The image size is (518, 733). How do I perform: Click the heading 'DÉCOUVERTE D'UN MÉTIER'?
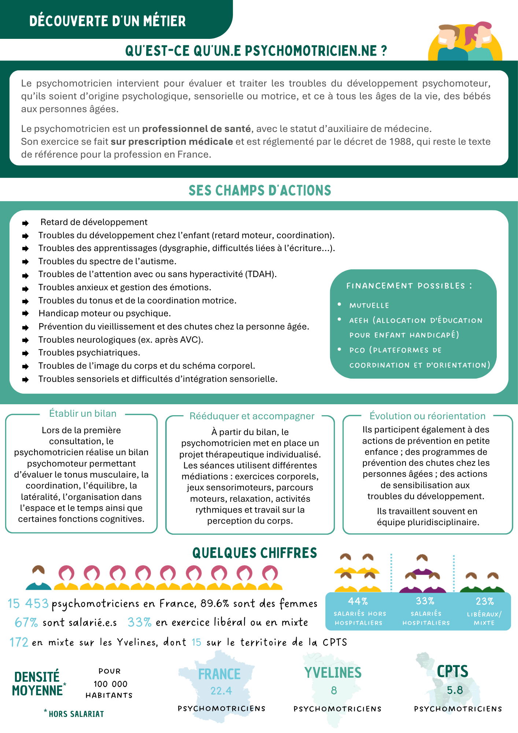point(107,21)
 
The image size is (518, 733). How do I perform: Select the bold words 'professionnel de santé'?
point(196,129)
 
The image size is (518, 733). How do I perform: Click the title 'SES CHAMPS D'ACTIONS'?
point(260,191)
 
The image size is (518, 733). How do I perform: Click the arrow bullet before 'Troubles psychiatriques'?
point(25,353)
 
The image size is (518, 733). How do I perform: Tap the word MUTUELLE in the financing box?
point(369,305)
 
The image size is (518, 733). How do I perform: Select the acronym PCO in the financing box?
point(357,350)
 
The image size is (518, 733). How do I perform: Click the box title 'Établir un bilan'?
point(83,413)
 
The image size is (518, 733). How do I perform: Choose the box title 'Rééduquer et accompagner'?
point(252,416)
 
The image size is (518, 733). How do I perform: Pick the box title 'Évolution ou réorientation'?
point(428,416)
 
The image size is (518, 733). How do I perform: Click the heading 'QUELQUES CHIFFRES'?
point(255,553)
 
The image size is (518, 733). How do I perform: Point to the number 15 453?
point(28,603)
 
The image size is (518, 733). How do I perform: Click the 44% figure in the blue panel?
point(358,601)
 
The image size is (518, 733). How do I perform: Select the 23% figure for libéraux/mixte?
point(485,601)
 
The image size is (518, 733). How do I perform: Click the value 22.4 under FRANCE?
point(221,691)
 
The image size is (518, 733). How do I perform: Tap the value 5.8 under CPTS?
point(455,690)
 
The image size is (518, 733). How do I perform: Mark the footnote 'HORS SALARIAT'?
point(76,714)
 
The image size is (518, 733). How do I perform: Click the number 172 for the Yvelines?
point(19,642)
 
